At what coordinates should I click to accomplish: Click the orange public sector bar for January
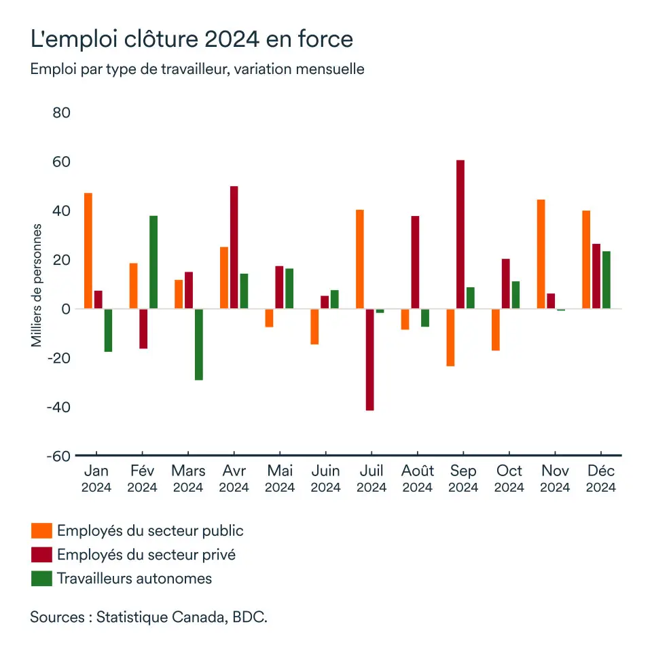click(88, 251)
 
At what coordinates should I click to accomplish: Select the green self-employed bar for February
click(153, 262)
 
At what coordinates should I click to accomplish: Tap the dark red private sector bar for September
click(460, 234)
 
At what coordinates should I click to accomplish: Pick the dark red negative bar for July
click(369, 359)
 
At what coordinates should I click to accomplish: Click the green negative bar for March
click(198, 344)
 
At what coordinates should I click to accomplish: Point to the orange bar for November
click(541, 254)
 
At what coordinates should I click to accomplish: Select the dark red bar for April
click(234, 247)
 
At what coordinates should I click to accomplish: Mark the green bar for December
click(606, 280)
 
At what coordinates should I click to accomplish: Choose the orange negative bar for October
click(496, 329)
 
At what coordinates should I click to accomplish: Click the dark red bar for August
click(415, 262)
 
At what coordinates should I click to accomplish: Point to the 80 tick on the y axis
click(61, 113)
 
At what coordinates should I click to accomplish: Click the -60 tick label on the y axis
click(58, 456)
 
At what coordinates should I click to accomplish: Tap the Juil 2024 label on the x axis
click(372, 479)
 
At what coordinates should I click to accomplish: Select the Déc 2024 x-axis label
click(601, 479)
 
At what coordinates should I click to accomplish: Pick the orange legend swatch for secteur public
click(41, 531)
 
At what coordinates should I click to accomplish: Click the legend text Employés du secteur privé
click(147, 554)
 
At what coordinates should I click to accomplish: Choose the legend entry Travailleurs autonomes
click(134, 579)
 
